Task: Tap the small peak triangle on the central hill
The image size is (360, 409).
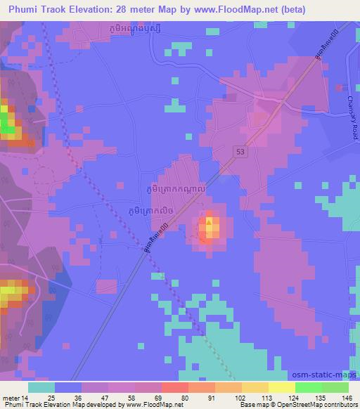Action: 209,221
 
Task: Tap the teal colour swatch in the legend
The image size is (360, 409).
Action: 41,387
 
